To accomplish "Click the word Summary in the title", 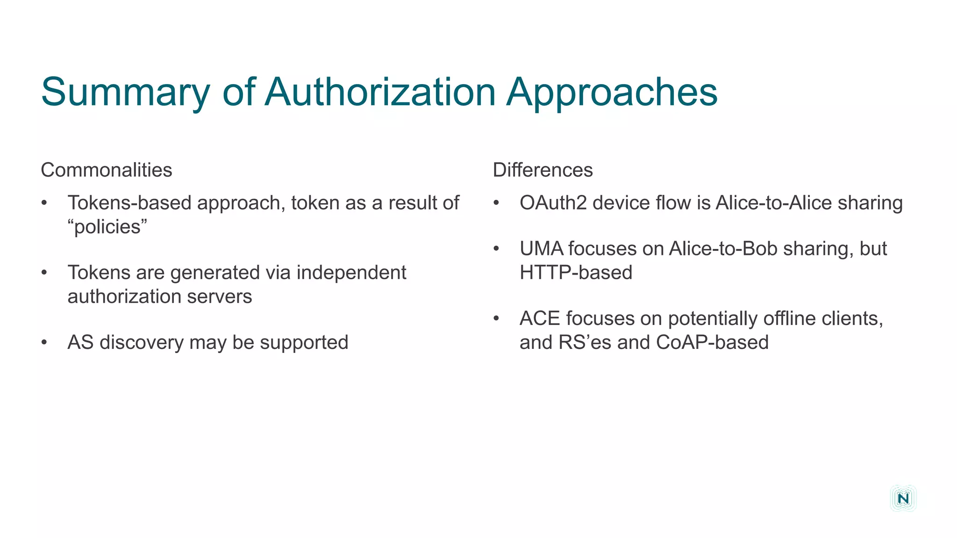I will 125,92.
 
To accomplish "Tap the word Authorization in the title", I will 380,92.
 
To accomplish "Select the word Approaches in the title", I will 612,92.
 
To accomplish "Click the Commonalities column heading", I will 107,170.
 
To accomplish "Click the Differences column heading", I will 543,170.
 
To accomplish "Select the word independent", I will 351,273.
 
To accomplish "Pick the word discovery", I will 142,342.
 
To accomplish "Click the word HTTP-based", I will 576,273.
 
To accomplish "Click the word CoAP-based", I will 712,342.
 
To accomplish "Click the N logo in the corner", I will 903,498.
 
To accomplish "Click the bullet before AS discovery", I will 44,343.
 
